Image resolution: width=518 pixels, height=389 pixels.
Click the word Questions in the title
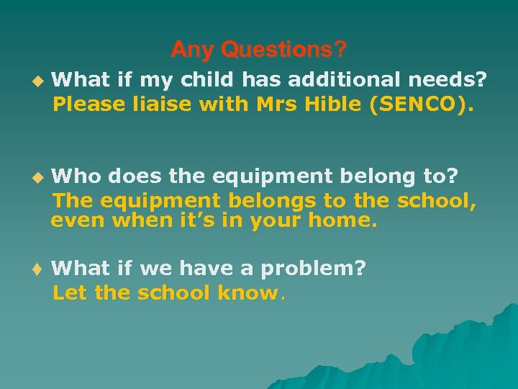[283, 50]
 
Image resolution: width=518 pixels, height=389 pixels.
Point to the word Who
[76, 176]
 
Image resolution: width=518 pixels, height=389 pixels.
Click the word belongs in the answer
[274, 200]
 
